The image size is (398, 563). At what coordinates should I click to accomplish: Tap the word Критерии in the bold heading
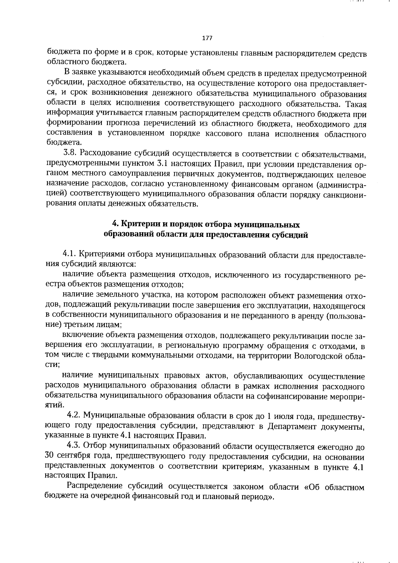138,225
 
